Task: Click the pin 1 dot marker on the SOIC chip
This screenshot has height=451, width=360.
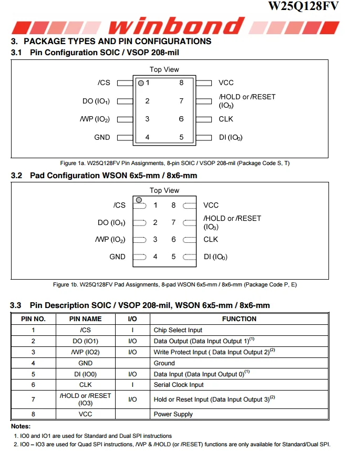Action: [x=141, y=83]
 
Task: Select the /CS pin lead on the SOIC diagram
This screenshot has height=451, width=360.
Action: [x=125, y=83]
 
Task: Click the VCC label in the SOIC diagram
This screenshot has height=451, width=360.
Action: [x=226, y=83]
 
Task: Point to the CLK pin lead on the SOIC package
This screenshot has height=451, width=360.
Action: [x=203, y=119]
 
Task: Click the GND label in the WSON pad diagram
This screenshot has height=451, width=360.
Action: [x=117, y=257]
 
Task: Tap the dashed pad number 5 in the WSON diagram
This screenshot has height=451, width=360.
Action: [x=189, y=257]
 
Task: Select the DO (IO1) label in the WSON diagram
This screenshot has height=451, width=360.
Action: [x=111, y=222]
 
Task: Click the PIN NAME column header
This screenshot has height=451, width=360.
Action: [x=85, y=319]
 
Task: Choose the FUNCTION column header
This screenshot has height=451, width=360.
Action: [x=239, y=319]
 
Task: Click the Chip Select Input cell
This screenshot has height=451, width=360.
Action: [x=178, y=330]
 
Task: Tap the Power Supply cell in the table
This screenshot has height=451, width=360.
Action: [x=173, y=414]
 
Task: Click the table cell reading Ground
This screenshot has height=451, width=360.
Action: [x=164, y=363]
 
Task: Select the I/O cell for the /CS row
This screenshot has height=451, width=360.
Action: [x=132, y=330]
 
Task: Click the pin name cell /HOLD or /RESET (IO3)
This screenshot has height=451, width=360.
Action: [x=85, y=399]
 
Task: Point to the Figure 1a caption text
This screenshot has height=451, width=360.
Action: [x=174, y=163]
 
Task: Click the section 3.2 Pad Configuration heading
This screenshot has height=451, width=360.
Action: [x=104, y=176]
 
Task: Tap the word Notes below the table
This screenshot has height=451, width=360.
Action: [x=21, y=426]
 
